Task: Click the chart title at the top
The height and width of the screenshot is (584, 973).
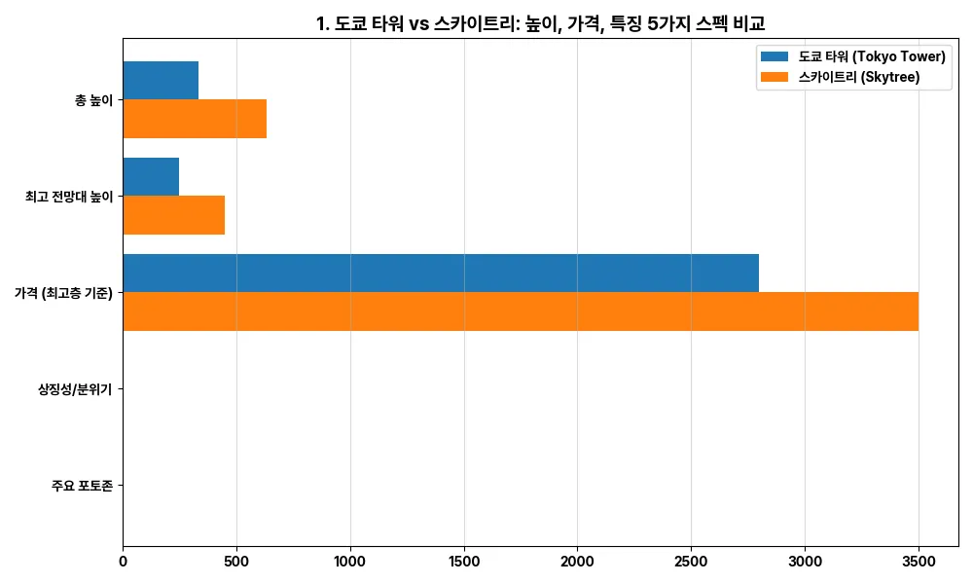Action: coord(540,23)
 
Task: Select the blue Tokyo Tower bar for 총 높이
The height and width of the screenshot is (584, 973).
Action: coord(161,80)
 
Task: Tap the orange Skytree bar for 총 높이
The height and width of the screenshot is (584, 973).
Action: coord(195,119)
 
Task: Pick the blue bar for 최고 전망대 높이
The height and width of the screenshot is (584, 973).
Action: coord(151,176)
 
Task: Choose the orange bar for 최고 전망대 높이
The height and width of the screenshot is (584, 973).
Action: coord(174,215)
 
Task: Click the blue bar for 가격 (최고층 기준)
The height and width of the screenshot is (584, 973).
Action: coord(441,273)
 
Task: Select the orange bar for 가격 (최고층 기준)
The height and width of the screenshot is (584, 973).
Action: coord(521,311)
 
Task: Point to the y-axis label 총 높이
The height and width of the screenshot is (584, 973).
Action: coord(93,100)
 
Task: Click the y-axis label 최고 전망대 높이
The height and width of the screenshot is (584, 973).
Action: coord(69,197)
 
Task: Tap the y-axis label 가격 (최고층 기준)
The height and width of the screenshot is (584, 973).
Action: coord(63,293)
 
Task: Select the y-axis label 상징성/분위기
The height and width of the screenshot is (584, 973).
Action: coord(73,389)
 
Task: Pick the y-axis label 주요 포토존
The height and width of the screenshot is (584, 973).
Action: coord(82,485)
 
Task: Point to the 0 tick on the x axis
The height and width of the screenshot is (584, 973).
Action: coord(123,561)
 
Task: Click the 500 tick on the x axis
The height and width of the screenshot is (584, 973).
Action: coord(236,561)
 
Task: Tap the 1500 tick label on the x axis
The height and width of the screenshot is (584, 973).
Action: coord(464,561)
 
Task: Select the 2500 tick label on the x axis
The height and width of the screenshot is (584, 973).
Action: coord(691,561)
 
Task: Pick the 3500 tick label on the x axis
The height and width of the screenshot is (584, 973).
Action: coord(919,561)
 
